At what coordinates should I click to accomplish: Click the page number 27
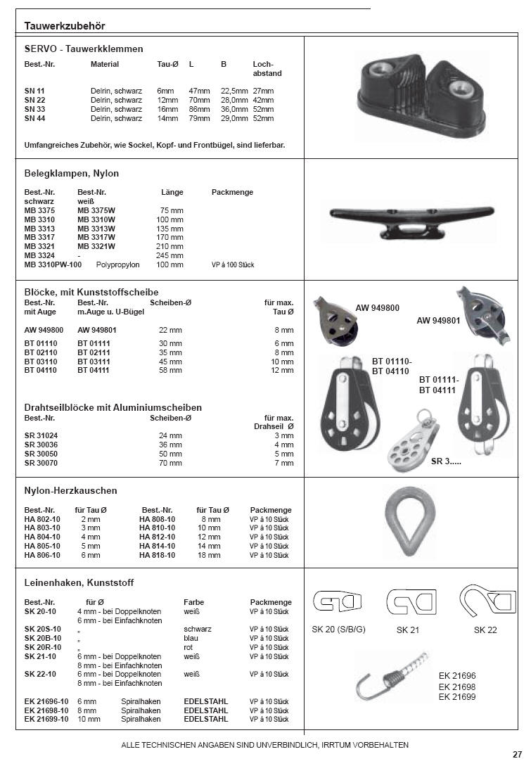pyautogui.click(x=517, y=755)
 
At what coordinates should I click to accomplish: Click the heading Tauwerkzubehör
pyautogui.click(x=65, y=26)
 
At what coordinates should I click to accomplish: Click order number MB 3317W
pyautogui.click(x=96, y=238)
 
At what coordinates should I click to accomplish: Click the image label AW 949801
pyautogui.click(x=439, y=321)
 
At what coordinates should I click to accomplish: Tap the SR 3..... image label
pyautogui.click(x=445, y=461)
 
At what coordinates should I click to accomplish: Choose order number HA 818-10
pyautogui.click(x=158, y=556)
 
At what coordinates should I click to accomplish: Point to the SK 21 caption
pyautogui.click(x=408, y=630)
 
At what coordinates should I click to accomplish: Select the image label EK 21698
pyautogui.click(x=457, y=686)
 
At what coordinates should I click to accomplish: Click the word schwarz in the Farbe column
pyautogui.click(x=198, y=629)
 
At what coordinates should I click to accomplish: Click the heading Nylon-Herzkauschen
pyautogui.click(x=70, y=490)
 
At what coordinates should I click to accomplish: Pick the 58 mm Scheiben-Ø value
pyautogui.click(x=170, y=370)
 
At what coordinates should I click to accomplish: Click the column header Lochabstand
pyautogui.click(x=267, y=68)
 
